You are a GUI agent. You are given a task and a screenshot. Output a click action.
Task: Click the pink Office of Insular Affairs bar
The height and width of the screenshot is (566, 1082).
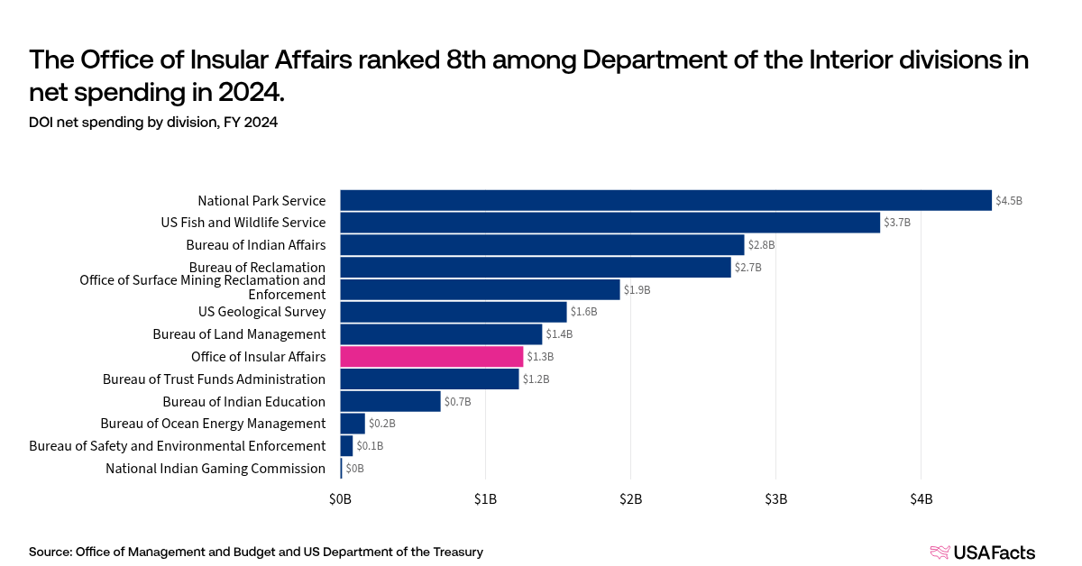[x=431, y=357]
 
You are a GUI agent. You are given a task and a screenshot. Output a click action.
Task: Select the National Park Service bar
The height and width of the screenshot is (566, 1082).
[x=665, y=200]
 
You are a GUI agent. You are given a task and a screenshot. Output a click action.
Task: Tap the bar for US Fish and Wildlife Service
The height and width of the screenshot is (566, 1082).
[x=610, y=223]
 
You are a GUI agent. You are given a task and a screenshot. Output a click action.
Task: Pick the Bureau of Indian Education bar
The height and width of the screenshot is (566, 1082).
[x=390, y=401]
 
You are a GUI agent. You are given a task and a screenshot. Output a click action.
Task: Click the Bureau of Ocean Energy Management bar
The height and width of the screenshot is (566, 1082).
[x=353, y=424]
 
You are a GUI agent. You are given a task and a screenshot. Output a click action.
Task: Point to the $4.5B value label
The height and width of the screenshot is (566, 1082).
[x=1009, y=201]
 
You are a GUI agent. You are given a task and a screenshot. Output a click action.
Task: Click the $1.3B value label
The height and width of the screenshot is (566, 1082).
[x=540, y=357]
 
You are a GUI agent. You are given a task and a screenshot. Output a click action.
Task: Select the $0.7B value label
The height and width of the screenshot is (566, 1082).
[x=458, y=402]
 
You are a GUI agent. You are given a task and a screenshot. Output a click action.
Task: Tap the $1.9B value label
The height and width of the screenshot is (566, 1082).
[x=637, y=290]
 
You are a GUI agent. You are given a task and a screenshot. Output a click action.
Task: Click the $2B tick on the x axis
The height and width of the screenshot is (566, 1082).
[x=630, y=498]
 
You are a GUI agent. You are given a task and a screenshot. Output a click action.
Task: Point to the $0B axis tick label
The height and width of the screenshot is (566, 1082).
[x=340, y=498]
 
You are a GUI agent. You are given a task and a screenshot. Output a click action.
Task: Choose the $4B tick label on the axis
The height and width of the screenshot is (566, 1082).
[x=921, y=498]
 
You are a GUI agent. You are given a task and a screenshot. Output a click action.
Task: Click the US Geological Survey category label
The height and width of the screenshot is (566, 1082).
[x=261, y=312]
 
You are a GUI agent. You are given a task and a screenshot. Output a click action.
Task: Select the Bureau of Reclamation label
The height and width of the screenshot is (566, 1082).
[x=257, y=267]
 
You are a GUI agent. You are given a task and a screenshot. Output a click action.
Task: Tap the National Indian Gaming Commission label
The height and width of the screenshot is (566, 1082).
[x=215, y=468]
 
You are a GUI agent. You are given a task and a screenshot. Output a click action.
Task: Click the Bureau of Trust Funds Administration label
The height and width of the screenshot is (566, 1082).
[x=214, y=379]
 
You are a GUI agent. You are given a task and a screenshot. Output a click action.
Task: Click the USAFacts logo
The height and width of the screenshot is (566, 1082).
[x=982, y=552]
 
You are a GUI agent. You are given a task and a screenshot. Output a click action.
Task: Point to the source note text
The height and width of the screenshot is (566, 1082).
[x=256, y=552]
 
